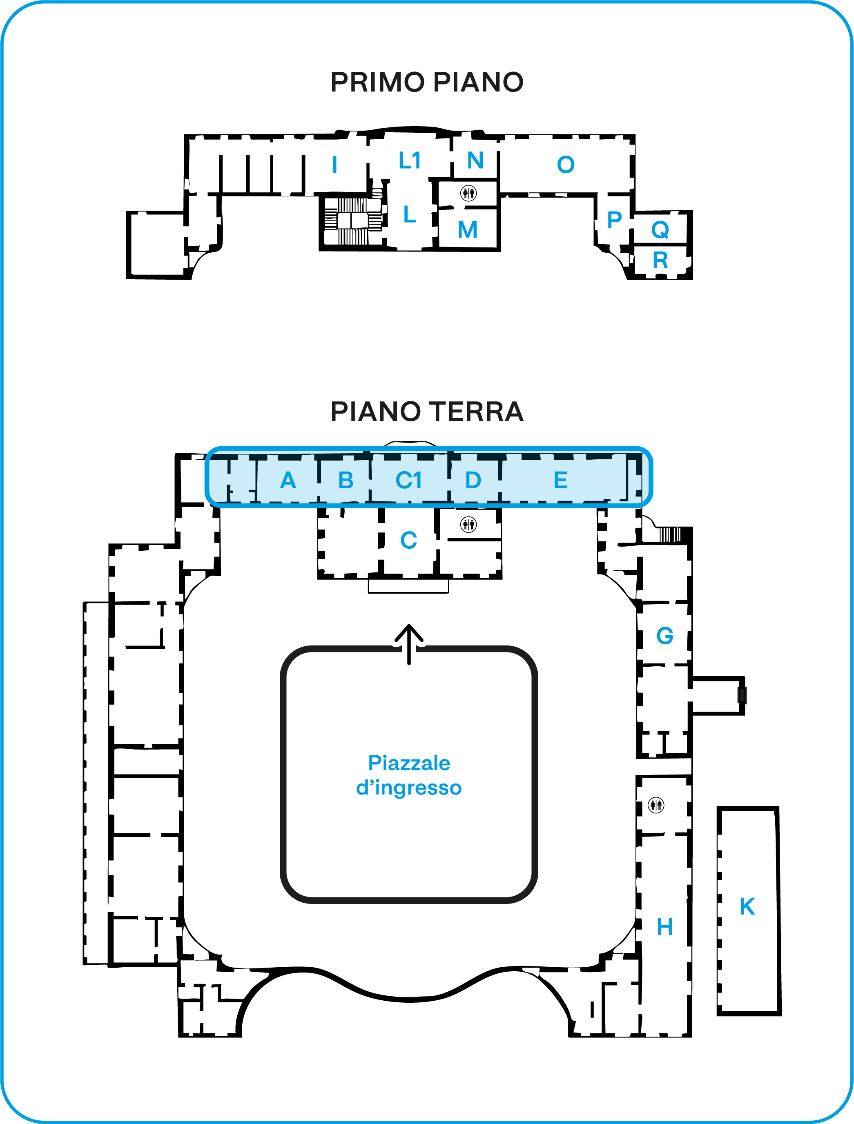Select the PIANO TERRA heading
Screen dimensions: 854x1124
point(427,411)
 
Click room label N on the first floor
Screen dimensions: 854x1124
point(475,160)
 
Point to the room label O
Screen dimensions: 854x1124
point(566,165)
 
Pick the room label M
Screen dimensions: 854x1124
point(468,230)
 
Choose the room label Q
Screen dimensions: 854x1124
point(660,230)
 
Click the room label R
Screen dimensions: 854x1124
point(660,260)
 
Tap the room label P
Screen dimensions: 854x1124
point(615,220)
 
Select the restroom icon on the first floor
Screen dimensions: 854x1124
point(468,193)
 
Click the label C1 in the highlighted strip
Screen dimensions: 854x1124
point(409,480)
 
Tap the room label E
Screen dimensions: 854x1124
point(561,480)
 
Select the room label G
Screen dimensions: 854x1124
point(665,636)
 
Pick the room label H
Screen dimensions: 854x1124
point(665,927)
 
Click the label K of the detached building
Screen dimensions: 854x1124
point(747,906)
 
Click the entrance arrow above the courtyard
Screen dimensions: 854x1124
point(409,644)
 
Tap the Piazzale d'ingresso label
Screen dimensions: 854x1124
point(409,775)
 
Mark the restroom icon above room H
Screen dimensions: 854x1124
point(656,805)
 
